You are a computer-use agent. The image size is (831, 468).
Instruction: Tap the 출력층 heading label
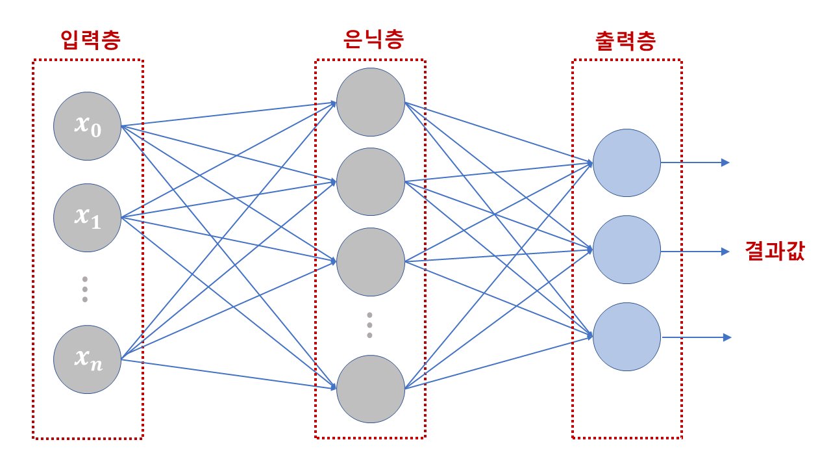(x=625, y=41)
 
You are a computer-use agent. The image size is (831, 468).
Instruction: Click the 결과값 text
(x=774, y=252)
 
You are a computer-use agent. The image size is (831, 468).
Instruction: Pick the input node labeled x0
(x=87, y=125)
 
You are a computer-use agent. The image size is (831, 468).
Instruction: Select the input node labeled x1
(x=87, y=217)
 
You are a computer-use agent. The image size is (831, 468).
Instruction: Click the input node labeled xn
(x=87, y=359)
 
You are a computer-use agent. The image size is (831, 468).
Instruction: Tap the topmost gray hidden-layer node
(x=371, y=102)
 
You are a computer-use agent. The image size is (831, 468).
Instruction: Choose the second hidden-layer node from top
(x=371, y=181)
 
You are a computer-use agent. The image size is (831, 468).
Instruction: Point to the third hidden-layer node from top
(x=371, y=261)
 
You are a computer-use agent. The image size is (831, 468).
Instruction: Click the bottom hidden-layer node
(x=371, y=389)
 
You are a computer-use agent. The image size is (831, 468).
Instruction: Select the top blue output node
(x=626, y=162)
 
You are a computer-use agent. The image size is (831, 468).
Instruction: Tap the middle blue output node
(x=626, y=250)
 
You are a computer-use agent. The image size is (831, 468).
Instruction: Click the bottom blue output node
(x=626, y=337)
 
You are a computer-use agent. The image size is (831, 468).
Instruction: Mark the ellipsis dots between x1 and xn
(x=84, y=289)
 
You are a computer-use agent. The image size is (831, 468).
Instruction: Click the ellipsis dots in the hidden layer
(x=369, y=325)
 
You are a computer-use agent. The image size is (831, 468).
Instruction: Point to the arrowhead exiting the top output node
(x=725, y=162)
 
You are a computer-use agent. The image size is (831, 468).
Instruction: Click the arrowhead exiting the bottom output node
(x=727, y=337)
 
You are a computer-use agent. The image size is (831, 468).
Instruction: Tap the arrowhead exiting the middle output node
(x=725, y=252)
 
